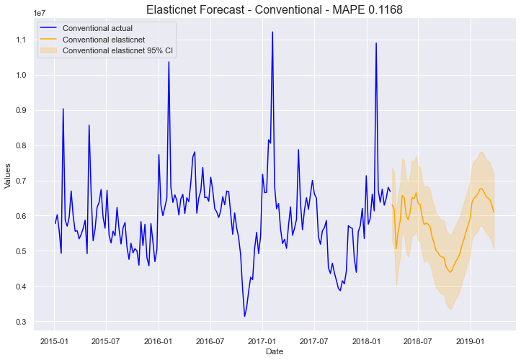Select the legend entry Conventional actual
(92, 27)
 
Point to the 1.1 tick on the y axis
(19, 40)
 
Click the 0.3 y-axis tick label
(19, 322)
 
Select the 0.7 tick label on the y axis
(19, 181)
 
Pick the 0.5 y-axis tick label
(19, 251)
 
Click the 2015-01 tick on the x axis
(54, 340)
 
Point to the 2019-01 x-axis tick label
(469, 340)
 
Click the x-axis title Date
(275, 351)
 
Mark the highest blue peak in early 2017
(272, 32)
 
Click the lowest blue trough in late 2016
(244, 316)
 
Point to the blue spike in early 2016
(169, 62)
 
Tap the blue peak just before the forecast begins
(375, 43)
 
